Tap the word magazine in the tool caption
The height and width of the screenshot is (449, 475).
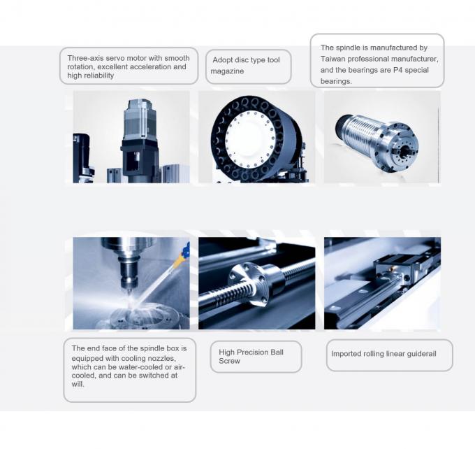coord(227,71)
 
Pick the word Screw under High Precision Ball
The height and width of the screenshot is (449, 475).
coord(229,361)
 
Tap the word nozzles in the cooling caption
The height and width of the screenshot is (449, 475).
coord(161,358)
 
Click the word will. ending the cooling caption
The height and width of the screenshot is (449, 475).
coord(78,384)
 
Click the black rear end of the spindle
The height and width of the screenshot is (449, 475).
coord(343,127)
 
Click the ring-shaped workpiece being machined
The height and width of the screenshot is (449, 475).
coord(145,315)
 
